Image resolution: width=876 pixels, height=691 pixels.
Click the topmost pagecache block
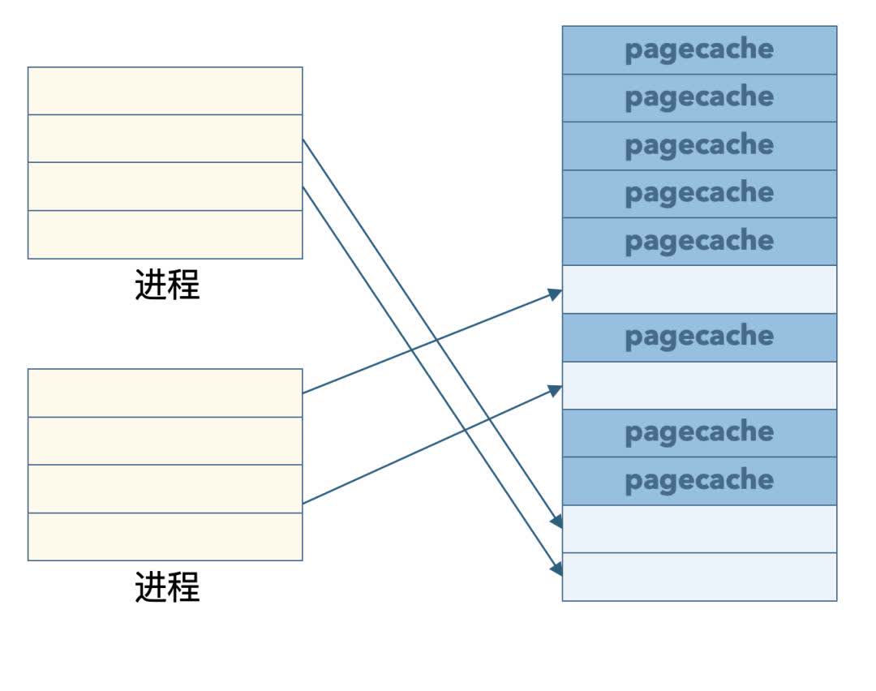(699, 50)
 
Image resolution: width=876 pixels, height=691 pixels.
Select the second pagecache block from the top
(699, 98)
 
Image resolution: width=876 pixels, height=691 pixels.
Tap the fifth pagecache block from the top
(699, 242)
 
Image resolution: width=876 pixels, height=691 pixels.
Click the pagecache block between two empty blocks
(699, 337)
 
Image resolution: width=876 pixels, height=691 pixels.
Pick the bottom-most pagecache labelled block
(699, 481)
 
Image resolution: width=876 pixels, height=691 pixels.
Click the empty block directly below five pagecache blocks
(699, 290)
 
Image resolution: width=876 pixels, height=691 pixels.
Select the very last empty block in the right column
(699, 577)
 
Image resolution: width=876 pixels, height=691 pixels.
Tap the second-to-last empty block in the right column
(699, 529)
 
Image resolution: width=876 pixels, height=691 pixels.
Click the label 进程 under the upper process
(166, 285)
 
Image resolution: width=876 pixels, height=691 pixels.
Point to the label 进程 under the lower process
(166, 586)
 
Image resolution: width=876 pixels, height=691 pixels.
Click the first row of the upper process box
(165, 91)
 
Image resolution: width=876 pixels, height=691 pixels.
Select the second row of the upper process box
(165, 139)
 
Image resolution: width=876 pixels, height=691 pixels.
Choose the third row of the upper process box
(165, 187)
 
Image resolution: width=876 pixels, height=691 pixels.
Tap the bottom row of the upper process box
(165, 234)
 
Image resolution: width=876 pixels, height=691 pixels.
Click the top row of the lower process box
(165, 393)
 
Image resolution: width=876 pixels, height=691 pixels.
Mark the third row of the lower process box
(165, 488)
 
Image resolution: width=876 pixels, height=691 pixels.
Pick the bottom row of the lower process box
(165, 536)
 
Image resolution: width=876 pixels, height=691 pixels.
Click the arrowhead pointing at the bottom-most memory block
(556, 569)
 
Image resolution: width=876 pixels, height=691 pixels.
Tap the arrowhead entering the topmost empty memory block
(556, 293)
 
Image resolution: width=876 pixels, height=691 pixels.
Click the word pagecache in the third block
(699, 146)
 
